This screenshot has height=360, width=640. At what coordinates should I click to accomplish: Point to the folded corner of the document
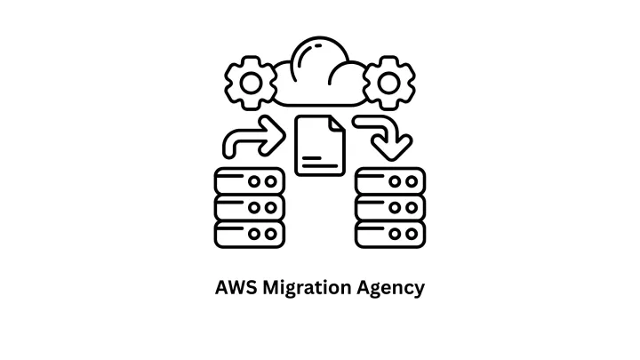(335, 124)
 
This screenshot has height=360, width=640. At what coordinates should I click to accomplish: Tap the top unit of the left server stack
(250, 181)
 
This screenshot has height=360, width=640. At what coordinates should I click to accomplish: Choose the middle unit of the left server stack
(250, 208)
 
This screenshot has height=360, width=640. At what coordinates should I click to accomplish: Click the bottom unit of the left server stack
(250, 235)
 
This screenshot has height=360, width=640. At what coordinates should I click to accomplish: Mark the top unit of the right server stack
(390, 181)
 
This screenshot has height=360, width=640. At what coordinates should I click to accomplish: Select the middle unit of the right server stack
(390, 208)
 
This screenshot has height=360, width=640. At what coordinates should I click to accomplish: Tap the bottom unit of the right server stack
(390, 235)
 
